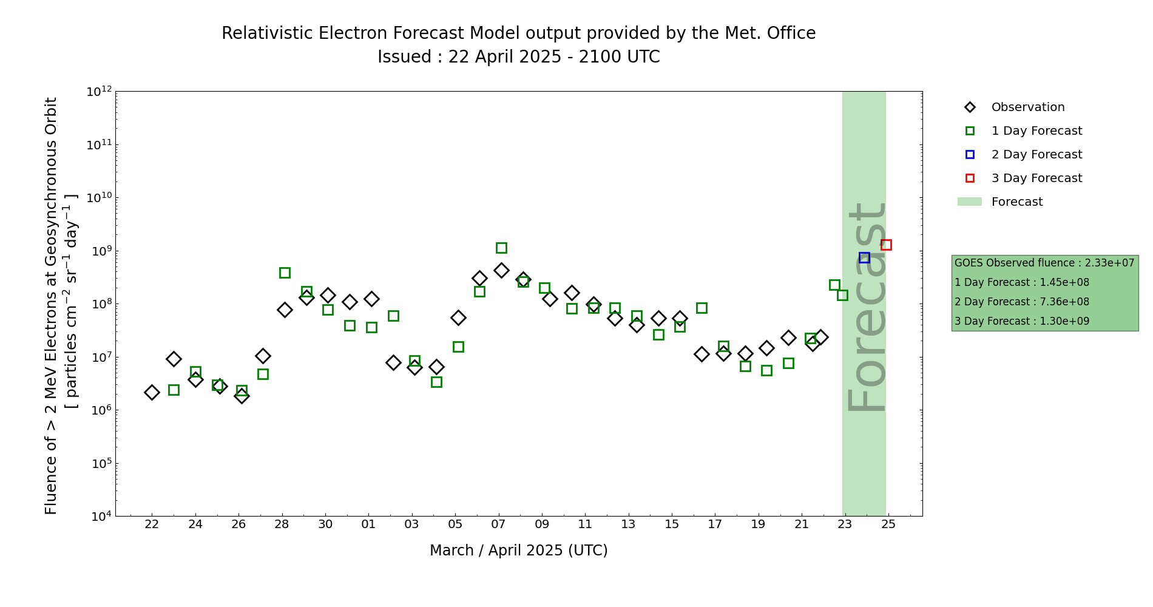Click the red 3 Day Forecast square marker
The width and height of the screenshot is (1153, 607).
tap(886, 245)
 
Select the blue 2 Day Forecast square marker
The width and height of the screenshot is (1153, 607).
tap(864, 258)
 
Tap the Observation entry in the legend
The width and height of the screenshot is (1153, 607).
tap(1027, 107)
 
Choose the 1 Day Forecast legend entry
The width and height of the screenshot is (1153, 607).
tap(1036, 131)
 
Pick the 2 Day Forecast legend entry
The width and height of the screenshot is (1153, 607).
tap(1036, 155)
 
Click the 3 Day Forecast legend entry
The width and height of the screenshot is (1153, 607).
tap(1036, 178)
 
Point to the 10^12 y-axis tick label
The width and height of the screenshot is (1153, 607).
tap(100, 92)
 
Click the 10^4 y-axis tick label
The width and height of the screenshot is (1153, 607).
tap(100, 517)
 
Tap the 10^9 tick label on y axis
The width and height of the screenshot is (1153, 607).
tap(100, 251)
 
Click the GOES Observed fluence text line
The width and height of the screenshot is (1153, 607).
tap(1044, 263)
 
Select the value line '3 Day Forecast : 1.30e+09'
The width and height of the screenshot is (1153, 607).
tap(1021, 322)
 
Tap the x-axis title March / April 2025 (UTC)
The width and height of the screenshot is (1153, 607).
tap(518, 551)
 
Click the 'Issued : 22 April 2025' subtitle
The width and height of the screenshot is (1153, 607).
tap(518, 57)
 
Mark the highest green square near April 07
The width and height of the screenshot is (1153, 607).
tap(501, 248)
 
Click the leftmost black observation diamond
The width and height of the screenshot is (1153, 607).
tap(152, 393)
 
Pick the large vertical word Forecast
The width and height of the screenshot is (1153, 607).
tap(866, 307)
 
